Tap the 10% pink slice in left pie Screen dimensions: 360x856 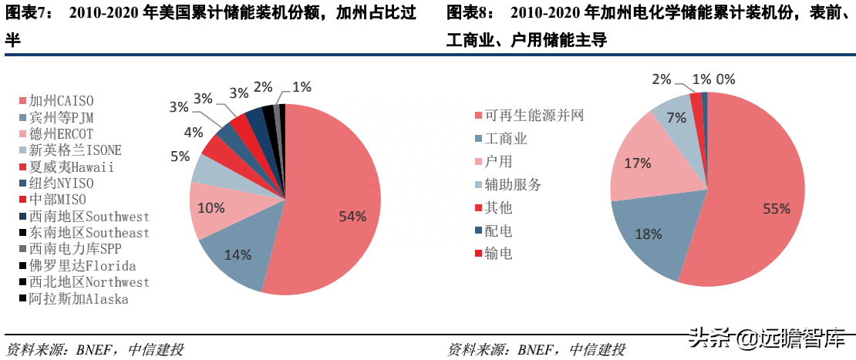[211, 208]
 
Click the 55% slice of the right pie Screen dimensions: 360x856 [763, 200]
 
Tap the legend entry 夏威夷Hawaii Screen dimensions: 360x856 [72, 167]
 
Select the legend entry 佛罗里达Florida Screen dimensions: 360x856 [81, 266]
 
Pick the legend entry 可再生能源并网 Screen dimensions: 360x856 [528, 116]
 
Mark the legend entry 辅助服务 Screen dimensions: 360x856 [512, 184]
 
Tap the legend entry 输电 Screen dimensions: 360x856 [498, 253]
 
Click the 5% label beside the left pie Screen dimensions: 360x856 [180, 156]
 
